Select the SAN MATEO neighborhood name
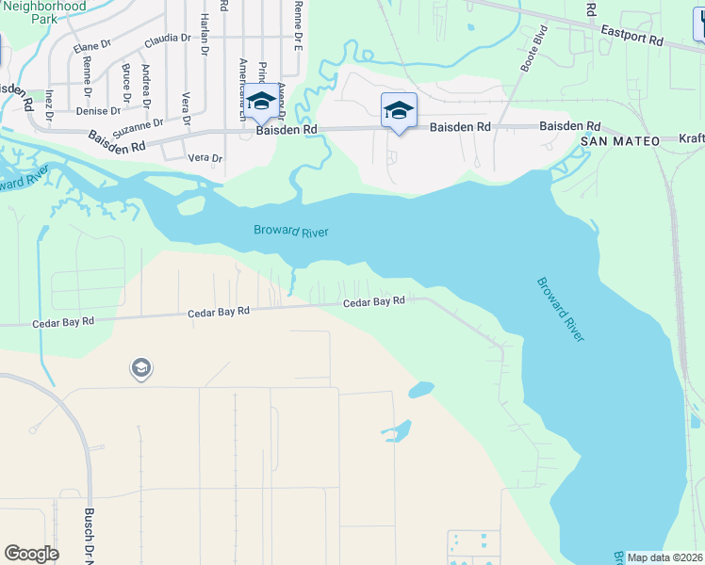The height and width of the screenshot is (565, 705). pos(615,140)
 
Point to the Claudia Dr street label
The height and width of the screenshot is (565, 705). pos(168,40)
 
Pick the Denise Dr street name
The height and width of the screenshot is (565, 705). pos(99,110)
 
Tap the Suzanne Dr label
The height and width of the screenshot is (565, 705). pos(139,124)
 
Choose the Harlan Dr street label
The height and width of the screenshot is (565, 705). pos(204,37)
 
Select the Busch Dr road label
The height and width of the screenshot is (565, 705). pos(89,533)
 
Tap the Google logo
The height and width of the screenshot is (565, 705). pos(32,554)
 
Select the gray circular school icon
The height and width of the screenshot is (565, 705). pos(141,368)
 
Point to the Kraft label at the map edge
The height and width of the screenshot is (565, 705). pos(692,138)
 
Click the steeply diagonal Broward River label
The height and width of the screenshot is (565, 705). pos(560,309)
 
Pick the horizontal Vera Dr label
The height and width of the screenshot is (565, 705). pos(205,159)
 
